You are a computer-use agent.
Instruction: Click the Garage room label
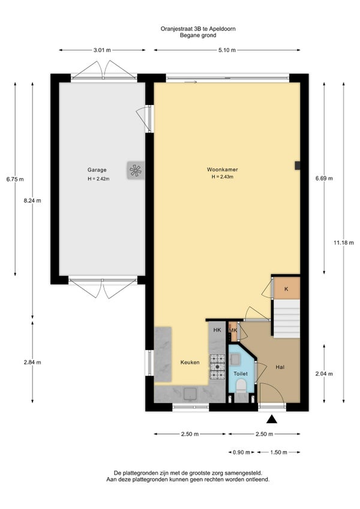(x=97, y=170)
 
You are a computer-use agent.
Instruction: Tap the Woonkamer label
(x=223, y=169)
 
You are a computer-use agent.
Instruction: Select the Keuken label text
(x=190, y=363)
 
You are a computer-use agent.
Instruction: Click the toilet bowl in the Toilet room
(x=241, y=387)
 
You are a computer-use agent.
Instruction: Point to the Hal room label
(x=280, y=367)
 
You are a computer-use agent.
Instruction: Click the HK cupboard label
(x=217, y=330)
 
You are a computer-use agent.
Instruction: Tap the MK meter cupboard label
(x=233, y=331)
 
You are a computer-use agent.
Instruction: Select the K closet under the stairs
(x=286, y=288)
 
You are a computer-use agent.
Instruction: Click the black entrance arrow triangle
(x=272, y=420)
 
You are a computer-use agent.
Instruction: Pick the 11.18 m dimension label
(x=343, y=242)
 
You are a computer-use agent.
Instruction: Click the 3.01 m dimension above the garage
(x=102, y=50)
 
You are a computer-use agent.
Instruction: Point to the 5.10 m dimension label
(x=227, y=50)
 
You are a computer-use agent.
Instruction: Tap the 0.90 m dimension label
(x=242, y=452)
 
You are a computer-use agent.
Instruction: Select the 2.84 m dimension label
(x=32, y=363)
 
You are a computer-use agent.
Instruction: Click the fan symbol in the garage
(x=136, y=170)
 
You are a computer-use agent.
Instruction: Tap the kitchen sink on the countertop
(x=190, y=394)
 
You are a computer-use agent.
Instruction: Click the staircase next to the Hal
(x=287, y=319)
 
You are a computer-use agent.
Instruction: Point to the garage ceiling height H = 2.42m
(x=98, y=178)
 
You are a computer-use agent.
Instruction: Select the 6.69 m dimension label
(x=324, y=178)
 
